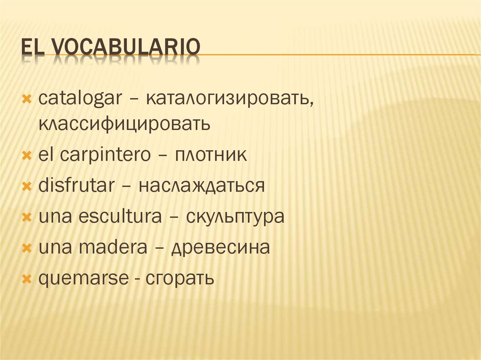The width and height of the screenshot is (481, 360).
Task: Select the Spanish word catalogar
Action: pyautogui.click(x=80, y=99)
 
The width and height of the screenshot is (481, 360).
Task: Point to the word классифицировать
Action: pyautogui.click(x=124, y=124)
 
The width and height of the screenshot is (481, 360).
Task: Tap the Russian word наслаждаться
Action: pyautogui.click(x=202, y=186)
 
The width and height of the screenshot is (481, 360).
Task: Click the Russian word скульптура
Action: pyautogui.click(x=235, y=217)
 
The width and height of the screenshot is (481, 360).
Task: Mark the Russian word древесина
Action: pyautogui.click(x=220, y=247)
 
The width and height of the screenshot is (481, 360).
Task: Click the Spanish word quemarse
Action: pyautogui.click(x=83, y=278)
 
